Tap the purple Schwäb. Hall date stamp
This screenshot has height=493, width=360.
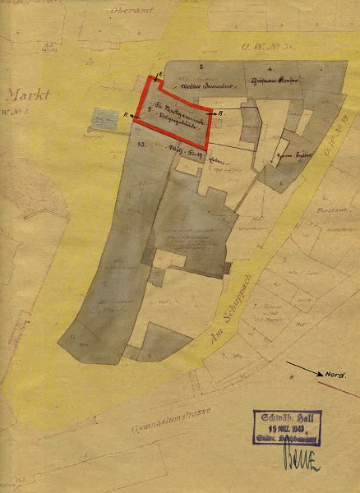click(x=287, y=428)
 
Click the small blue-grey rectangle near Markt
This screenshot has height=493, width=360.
click(x=105, y=117)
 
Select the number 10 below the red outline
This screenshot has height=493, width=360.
click(x=141, y=145)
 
